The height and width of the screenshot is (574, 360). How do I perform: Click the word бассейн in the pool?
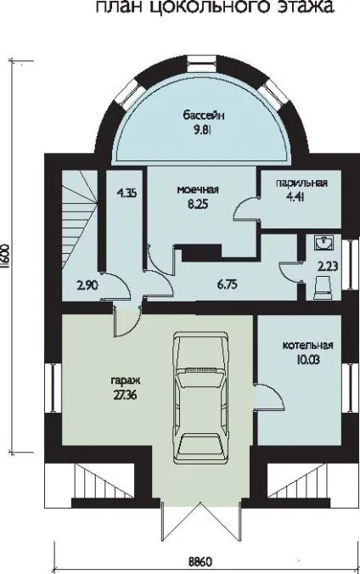point(204,116)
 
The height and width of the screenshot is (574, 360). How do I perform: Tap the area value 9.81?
point(203,130)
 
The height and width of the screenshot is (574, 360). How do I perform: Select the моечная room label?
point(198,189)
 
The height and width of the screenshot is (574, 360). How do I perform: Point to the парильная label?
point(301,183)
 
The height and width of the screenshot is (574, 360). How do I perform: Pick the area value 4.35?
point(127,193)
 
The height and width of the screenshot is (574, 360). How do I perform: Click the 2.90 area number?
point(87,284)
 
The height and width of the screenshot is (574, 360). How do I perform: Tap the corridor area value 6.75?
point(228,284)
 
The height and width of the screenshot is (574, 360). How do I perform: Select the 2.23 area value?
point(328,266)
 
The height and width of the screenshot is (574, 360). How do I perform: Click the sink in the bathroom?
point(324,243)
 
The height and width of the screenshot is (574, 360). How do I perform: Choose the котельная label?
point(307,346)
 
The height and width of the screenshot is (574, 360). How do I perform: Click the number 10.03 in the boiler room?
point(309,360)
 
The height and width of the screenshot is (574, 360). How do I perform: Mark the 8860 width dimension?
point(200,561)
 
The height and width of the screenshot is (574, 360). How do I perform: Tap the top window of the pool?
point(200,62)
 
